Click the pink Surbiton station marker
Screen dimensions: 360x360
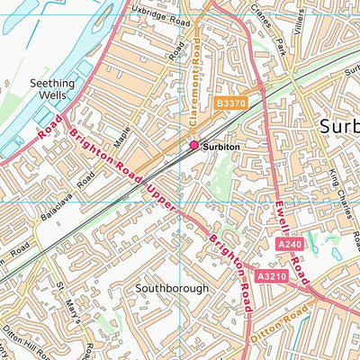point(193,145)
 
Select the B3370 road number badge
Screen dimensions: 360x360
point(230,105)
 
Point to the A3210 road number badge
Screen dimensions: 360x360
point(271,276)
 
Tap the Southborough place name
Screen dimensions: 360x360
point(172,289)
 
